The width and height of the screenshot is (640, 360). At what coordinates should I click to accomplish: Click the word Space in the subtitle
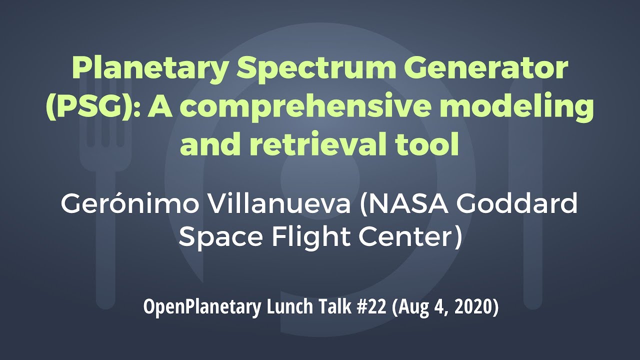pos(220,237)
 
